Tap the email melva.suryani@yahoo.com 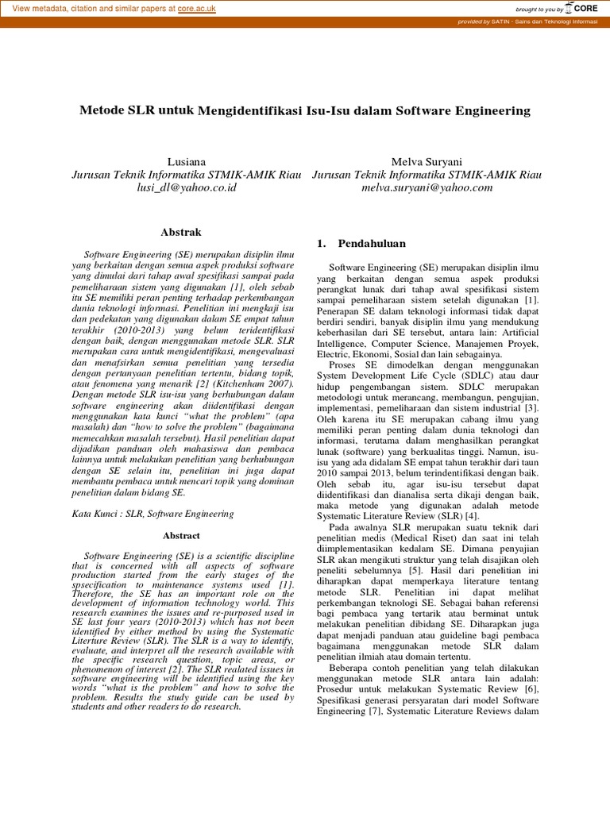[x=427, y=188]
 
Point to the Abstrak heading [x=181, y=232]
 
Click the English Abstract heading [x=181, y=536]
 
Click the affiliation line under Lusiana [x=186, y=175]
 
